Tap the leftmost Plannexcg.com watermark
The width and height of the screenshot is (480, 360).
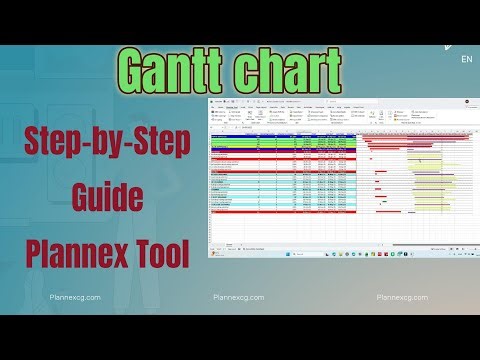(76, 297)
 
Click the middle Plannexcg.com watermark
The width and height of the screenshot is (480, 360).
(239, 297)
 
